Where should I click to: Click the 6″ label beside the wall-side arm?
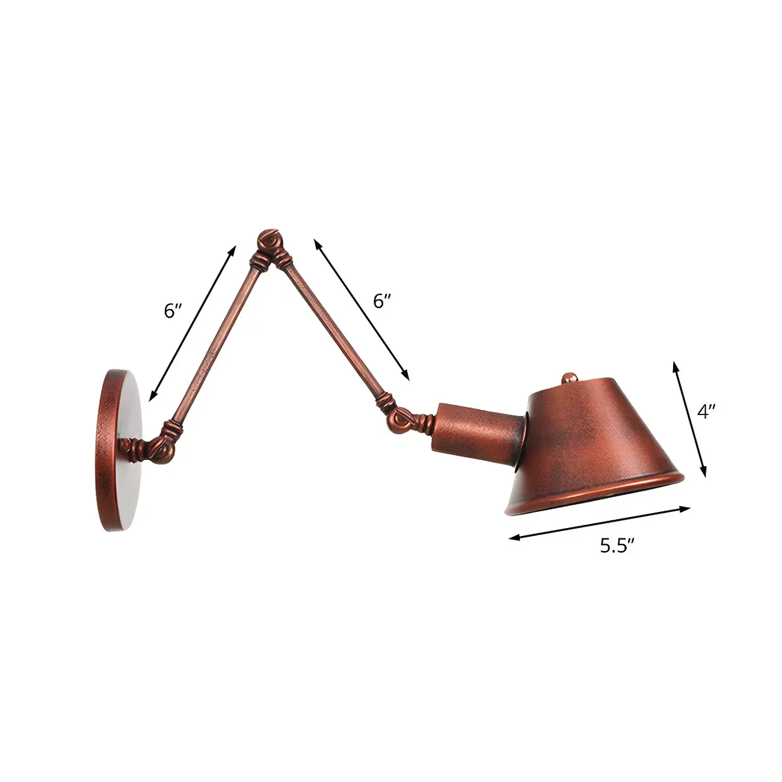[173, 310]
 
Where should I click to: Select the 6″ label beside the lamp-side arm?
[382, 301]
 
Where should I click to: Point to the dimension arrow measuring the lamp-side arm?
[361, 310]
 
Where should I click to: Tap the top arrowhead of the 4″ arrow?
[676, 364]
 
